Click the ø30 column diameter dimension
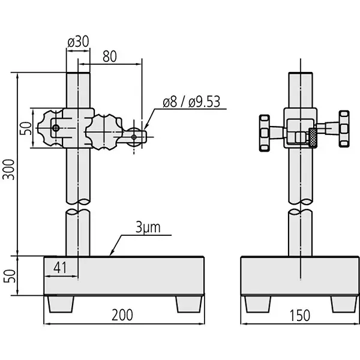click(x=79, y=43)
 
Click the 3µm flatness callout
click(x=148, y=227)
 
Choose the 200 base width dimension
click(x=122, y=314)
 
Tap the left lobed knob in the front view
click(x=50, y=129)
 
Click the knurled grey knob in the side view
click(x=312, y=137)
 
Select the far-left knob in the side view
click(x=263, y=131)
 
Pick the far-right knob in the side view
click(x=343, y=128)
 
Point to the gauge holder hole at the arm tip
click(x=134, y=136)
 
